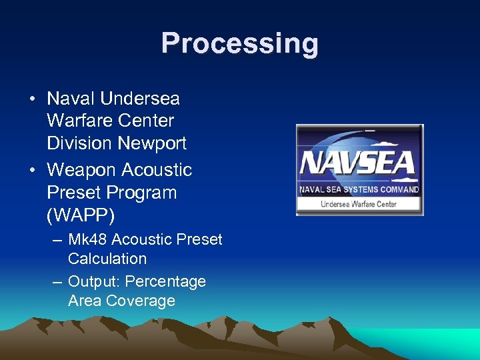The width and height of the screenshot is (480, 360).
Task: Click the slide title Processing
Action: click(x=239, y=44)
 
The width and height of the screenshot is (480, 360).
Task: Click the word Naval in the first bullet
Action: click(x=71, y=99)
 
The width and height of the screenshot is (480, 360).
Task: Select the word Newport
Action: click(x=152, y=143)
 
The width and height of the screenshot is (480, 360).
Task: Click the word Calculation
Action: click(x=107, y=259)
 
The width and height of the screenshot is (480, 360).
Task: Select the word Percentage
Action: click(x=165, y=281)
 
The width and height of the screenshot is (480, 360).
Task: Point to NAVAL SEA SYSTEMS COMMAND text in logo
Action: click(x=359, y=189)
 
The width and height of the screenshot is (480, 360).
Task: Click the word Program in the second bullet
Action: click(x=145, y=193)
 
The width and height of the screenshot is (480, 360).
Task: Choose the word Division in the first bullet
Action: click(x=80, y=143)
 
